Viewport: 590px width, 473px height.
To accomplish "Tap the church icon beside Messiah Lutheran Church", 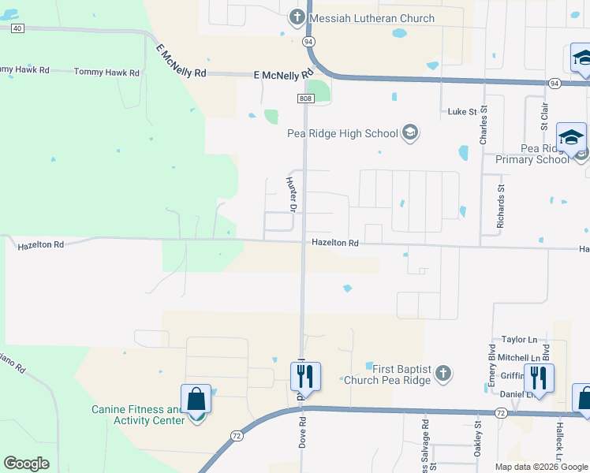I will click(x=297, y=17).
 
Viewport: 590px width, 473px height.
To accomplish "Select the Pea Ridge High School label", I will click(x=342, y=132).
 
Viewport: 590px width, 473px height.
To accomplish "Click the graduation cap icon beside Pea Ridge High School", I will click(x=409, y=132).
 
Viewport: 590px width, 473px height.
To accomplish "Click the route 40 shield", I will click(x=17, y=28).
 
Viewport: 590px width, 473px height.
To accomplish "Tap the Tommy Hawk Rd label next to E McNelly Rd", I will click(x=106, y=72).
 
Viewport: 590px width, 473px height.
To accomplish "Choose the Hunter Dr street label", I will click(x=289, y=195).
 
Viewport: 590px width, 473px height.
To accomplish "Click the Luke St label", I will click(x=462, y=112).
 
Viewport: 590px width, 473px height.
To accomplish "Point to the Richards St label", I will click(x=500, y=207).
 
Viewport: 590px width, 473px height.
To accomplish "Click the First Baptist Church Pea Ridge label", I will click(x=388, y=374).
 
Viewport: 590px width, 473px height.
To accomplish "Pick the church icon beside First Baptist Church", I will click(x=443, y=374).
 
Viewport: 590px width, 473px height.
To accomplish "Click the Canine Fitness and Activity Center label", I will click(x=136, y=415).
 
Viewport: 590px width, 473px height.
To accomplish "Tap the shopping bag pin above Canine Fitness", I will click(x=195, y=400).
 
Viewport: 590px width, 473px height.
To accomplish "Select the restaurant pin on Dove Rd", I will click(x=305, y=377).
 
